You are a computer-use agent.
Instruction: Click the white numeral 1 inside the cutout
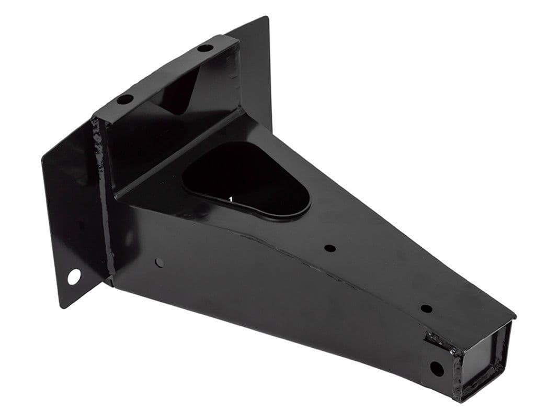click(231, 199)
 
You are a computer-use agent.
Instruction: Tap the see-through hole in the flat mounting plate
click(74, 276)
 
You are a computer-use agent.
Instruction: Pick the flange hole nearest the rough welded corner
click(124, 98)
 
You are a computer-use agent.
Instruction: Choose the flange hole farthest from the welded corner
click(206, 48)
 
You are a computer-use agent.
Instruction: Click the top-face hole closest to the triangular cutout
click(329, 248)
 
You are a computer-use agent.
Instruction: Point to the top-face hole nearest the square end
click(426, 308)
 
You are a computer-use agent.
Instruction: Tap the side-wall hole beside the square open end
click(436, 368)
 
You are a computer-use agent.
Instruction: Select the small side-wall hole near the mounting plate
click(160, 262)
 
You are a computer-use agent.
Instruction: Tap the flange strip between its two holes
click(165, 73)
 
